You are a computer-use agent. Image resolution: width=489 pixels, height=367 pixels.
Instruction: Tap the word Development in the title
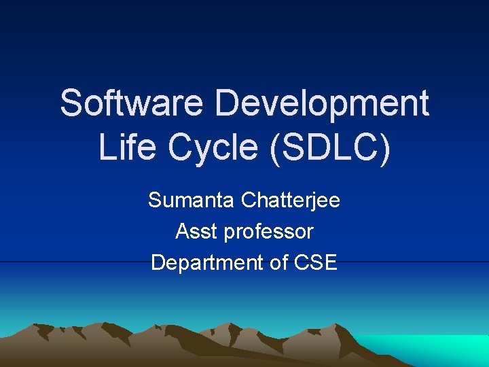[322, 103]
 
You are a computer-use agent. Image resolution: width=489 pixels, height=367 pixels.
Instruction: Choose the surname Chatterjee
[291, 200]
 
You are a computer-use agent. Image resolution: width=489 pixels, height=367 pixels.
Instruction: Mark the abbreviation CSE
[316, 262]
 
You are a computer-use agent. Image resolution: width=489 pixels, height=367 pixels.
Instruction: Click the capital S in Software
[71, 103]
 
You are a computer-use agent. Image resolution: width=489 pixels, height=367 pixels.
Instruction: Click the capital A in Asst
[182, 232]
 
